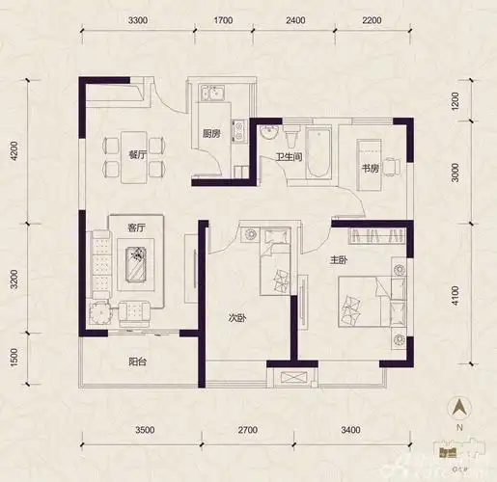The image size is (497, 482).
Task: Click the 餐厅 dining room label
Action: click(136, 154)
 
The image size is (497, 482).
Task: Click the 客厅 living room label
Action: click(136, 228)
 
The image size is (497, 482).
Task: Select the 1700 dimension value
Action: click(223, 20)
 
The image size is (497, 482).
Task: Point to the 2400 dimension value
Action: click(294, 20)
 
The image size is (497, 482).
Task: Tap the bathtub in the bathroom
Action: click(318, 155)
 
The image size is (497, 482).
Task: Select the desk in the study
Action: click(370, 152)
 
